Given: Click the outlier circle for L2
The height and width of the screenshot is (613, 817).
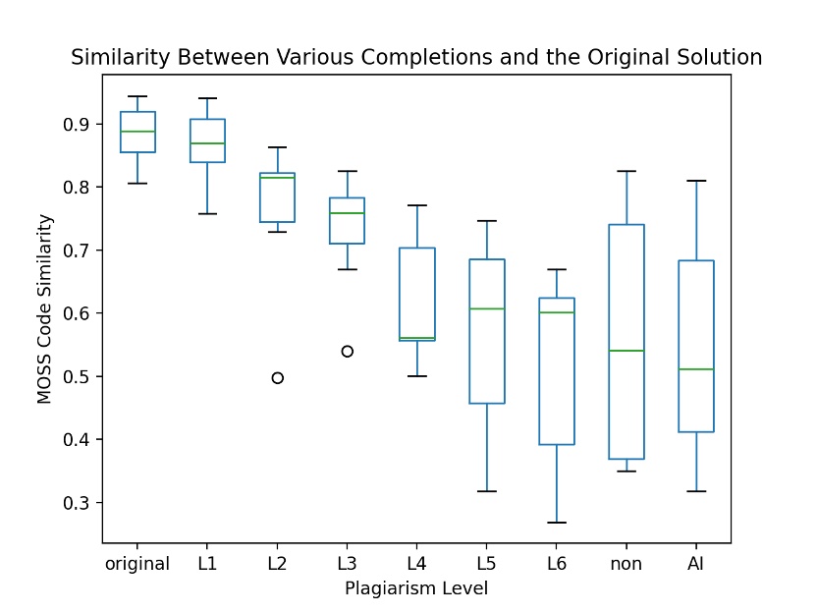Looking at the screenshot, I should (x=278, y=378).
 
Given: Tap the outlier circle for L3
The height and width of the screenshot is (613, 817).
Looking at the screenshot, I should (x=348, y=351).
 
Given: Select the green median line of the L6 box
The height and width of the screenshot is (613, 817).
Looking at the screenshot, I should (x=556, y=312).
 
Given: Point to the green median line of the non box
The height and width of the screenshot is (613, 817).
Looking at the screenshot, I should (x=626, y=351).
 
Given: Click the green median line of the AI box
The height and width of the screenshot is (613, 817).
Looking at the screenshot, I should (x=696, y=369).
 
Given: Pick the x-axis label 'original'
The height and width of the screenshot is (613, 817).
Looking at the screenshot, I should (x=137, y=564).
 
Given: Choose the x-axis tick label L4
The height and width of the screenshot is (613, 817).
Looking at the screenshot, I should (x=417, y=564).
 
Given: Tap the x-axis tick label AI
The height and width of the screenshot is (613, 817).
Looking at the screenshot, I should (x=696, y=564).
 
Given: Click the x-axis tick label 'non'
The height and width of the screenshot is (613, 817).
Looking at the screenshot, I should (x=626, y=564).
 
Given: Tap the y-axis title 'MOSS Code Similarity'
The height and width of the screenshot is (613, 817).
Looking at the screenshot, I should (x=44, y=313).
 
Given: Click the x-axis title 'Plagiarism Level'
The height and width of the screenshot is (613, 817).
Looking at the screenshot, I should (x=416, y=589).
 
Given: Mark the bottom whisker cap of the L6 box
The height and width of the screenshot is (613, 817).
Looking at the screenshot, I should (x=556, y=523).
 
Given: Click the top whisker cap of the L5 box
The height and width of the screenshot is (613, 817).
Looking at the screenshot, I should (x=487, y=221).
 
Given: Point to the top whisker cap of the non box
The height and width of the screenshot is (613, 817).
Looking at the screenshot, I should (x=626, y=171).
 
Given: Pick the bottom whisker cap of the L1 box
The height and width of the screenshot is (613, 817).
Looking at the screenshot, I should (x=207, y=213).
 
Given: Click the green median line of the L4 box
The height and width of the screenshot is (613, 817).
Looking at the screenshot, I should (x=417, y=338).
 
